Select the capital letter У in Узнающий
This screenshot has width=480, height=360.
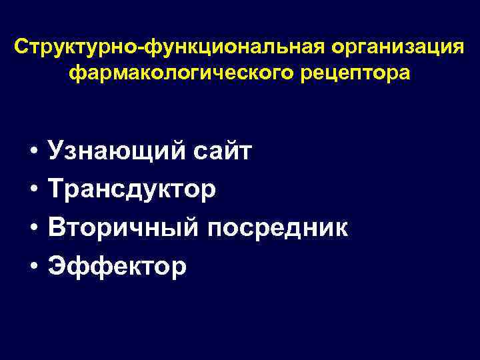point(56,151)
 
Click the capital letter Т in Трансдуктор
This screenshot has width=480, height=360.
point(56,189)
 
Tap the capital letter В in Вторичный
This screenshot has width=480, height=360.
point(57,227)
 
